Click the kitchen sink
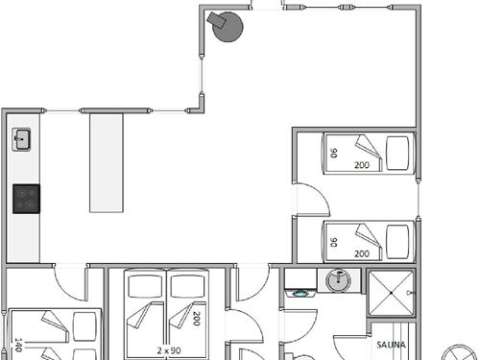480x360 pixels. (22, 141)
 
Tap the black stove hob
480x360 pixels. (26, 199)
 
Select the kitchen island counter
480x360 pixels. (108, 163)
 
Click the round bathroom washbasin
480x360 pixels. (337, 281)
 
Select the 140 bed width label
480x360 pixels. (18, 342)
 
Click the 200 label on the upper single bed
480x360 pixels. (362, 165)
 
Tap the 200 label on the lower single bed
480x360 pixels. (362, 253)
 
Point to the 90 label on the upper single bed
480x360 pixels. (334, 153)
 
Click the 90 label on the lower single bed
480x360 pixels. (334, 241)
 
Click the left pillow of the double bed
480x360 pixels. (147, 285)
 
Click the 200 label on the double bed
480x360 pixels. (196, 319)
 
